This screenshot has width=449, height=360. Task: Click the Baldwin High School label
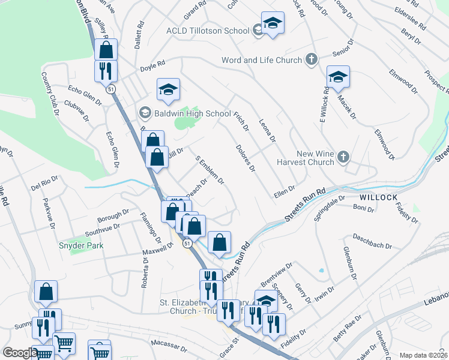[x=185, y=113]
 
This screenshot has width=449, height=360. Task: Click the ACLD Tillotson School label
[x=208, y=31]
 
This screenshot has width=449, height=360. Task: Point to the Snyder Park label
[x=81, y=245]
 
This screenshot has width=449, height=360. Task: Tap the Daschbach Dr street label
[x=372, y=241]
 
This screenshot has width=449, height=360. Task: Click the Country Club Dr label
[x=52, y=94]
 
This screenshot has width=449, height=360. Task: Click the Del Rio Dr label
[x=44, y=184]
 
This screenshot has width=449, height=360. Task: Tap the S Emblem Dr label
[x=210, y=170]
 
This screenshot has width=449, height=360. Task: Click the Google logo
[x=20, y=353]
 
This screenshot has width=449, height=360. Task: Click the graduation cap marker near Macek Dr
[x=338, y=76]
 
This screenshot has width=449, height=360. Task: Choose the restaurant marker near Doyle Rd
[x=106, y=70]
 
